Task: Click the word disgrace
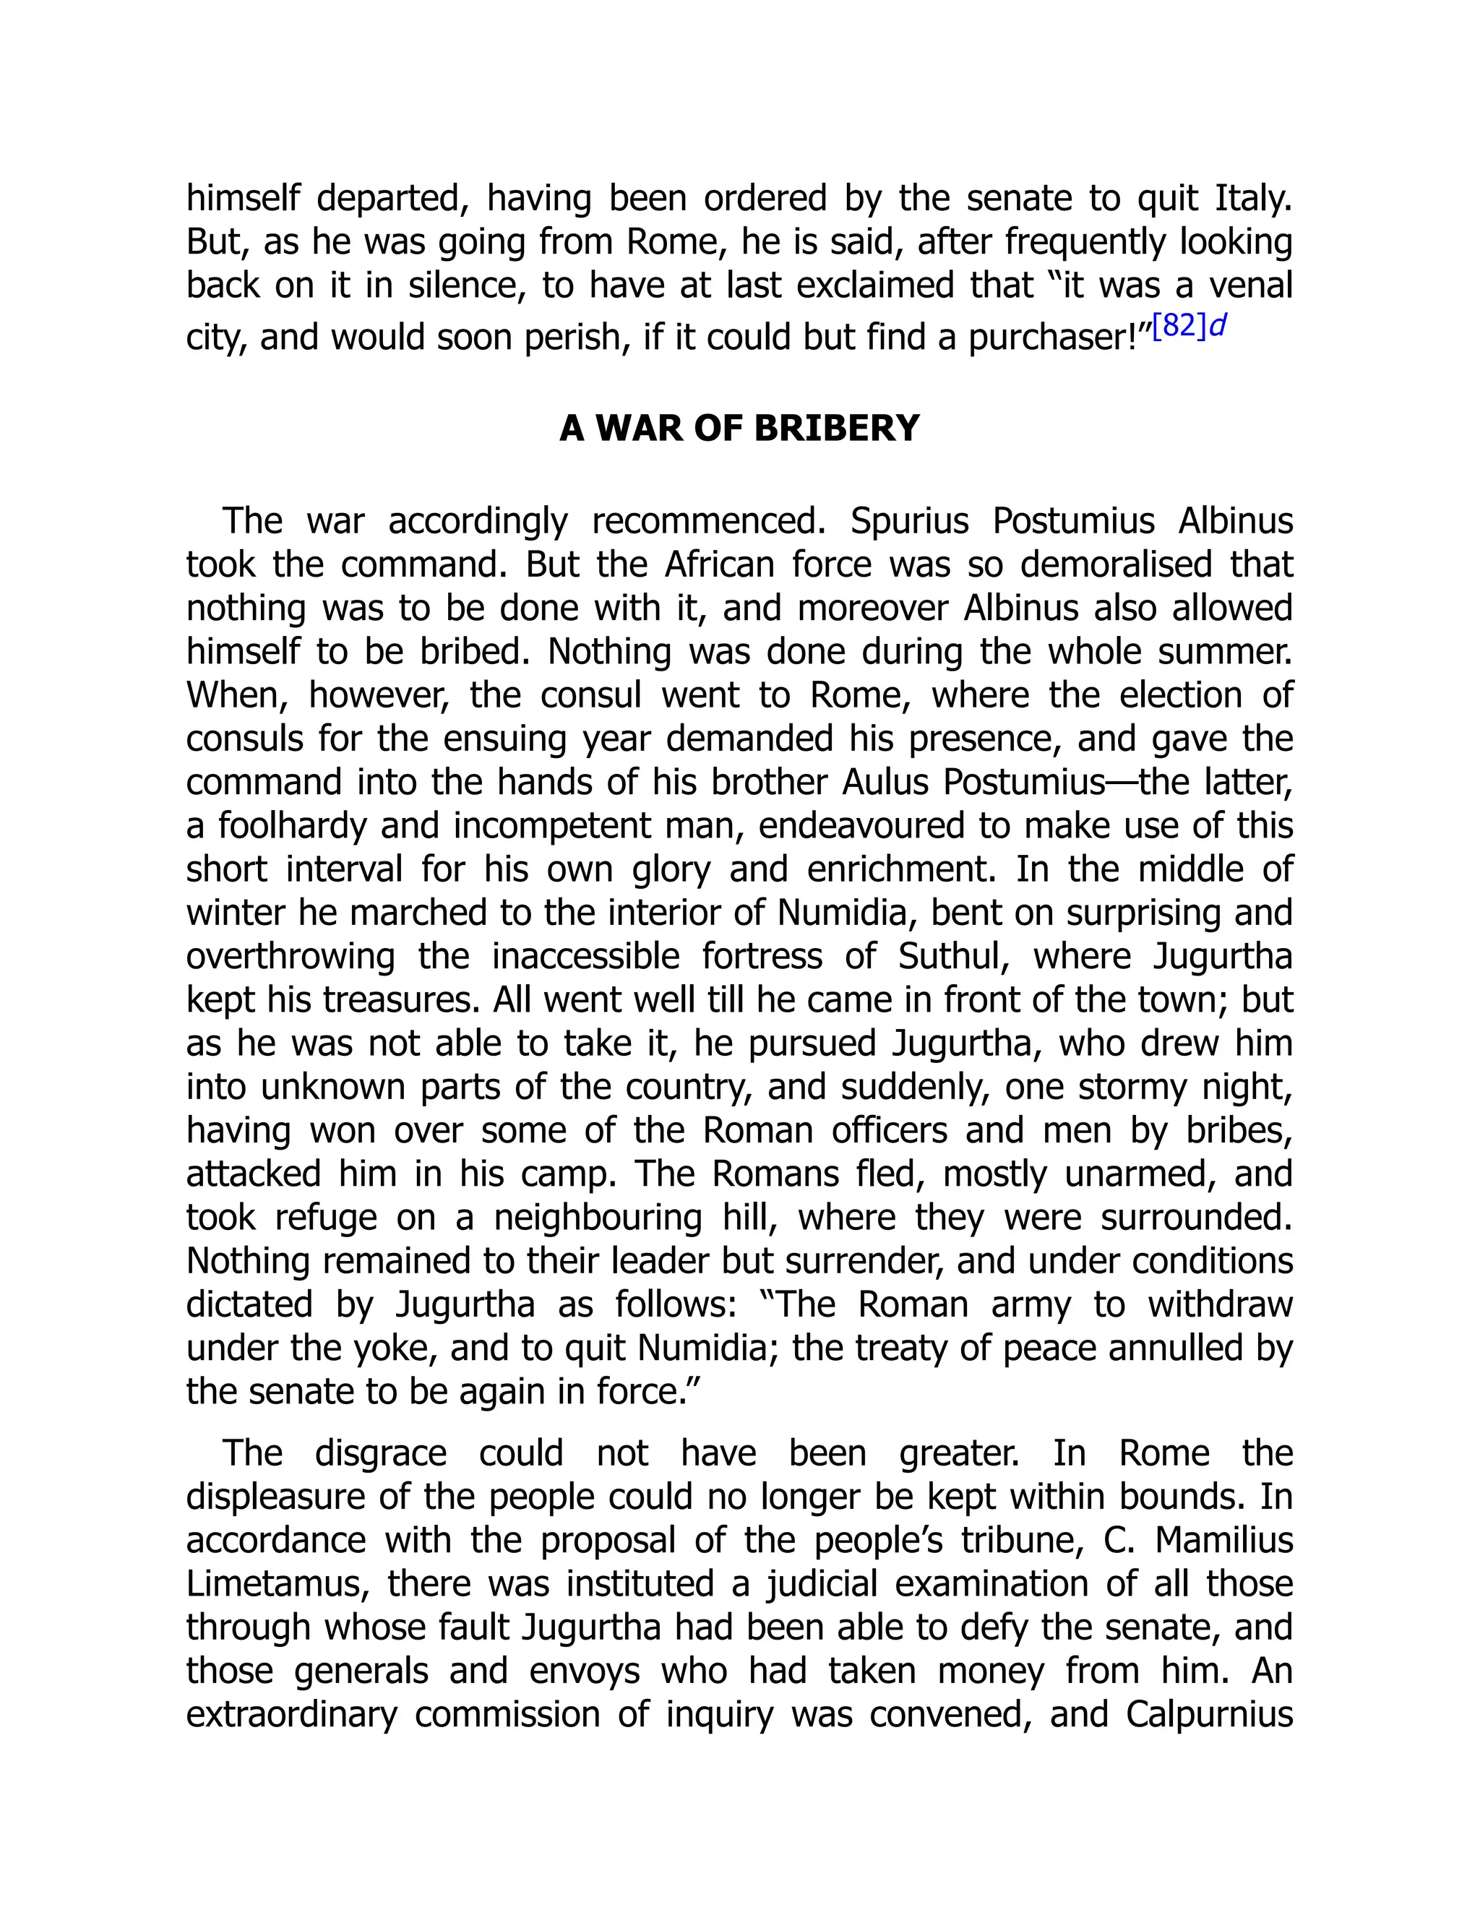click(381, 1453)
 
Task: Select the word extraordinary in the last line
click(292, 1714)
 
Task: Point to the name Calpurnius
click(1209, 1714)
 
